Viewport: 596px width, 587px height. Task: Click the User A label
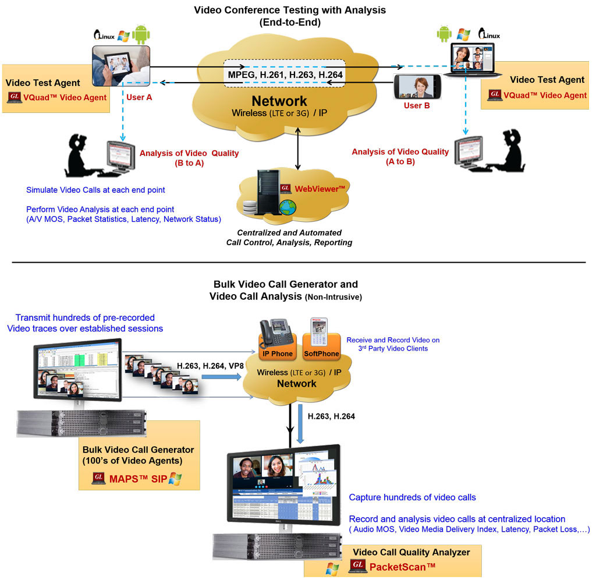pos(139,97)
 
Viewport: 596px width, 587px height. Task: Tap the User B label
pos(416,106)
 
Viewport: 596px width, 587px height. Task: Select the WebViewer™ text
pos(321,188)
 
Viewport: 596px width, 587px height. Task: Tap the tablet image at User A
pos(121,65)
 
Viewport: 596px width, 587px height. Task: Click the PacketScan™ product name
pos(402,566)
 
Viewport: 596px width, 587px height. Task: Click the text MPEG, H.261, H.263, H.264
pos(285,75)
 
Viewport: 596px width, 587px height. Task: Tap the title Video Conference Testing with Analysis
pos(289,10)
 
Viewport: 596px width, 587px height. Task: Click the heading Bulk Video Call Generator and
pos(285,284)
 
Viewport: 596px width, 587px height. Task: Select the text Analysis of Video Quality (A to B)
pos(400,156)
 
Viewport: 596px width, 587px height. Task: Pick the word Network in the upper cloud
pos(279,100)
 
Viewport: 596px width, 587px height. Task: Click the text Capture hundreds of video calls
pos(412,497)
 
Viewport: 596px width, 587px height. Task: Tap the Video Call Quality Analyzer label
pos(411,552)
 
